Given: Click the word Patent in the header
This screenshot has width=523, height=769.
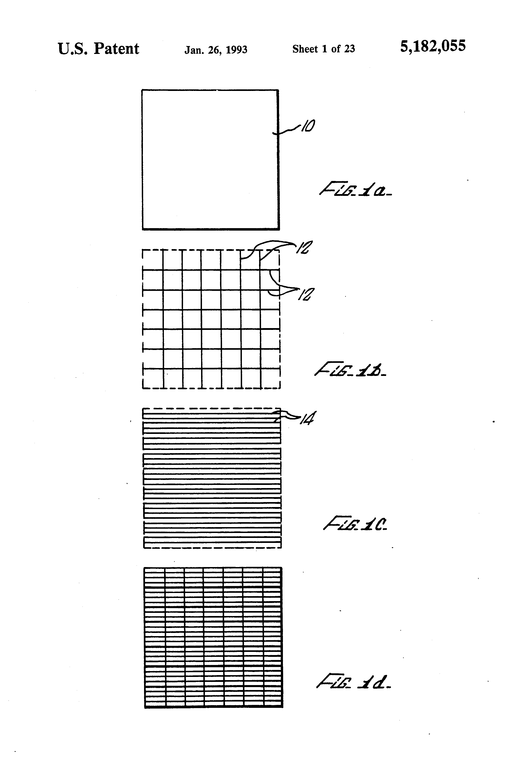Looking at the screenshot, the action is [116, 49].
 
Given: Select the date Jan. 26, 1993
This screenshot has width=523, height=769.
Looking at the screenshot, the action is [216, 50].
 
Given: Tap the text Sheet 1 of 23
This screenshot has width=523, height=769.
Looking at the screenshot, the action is [323, 49].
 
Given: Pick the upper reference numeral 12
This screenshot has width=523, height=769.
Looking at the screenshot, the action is [303, 248].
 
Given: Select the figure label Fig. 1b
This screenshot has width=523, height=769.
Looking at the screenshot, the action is [350, 370].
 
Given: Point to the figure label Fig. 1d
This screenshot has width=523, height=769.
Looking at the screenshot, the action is [353, 682].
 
